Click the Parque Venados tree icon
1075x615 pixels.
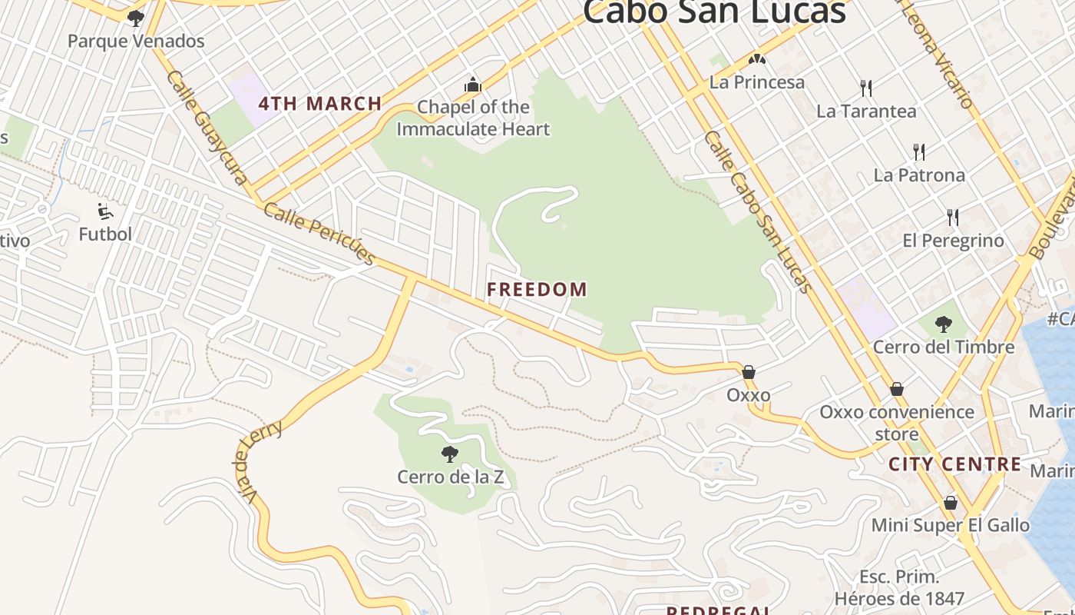136,18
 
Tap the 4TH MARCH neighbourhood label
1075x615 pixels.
320,104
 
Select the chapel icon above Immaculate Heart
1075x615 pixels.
473,84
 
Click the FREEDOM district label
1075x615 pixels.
537,290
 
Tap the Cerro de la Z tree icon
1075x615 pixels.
450,454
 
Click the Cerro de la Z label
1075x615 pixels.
450,477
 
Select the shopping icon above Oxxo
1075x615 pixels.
749,372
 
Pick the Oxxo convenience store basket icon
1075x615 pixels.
896,389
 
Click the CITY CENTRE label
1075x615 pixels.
955,464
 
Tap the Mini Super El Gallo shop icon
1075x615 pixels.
951,503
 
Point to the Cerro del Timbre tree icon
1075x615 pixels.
944,324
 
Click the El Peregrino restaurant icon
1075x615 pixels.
953,218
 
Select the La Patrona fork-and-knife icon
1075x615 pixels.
918,151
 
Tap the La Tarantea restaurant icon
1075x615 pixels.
866,88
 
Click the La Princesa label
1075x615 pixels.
757,82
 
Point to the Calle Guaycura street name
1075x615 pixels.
207,128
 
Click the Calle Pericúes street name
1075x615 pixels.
319,233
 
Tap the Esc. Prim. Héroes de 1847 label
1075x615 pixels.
899,587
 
